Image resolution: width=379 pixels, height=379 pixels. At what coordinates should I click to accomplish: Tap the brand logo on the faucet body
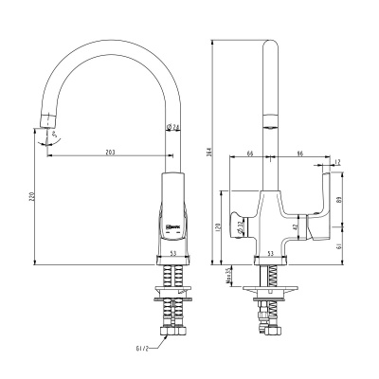coord(175,226)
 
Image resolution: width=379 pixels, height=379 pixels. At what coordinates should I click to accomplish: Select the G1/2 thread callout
coord(142,349)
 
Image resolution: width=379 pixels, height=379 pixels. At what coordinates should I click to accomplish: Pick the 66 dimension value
coord(248,150)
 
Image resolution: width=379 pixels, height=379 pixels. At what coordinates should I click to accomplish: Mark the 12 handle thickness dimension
coord(337,162)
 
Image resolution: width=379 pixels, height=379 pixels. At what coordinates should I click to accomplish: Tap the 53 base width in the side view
coord(271,254)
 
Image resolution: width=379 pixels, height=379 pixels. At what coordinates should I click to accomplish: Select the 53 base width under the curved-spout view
coord(174,254)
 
